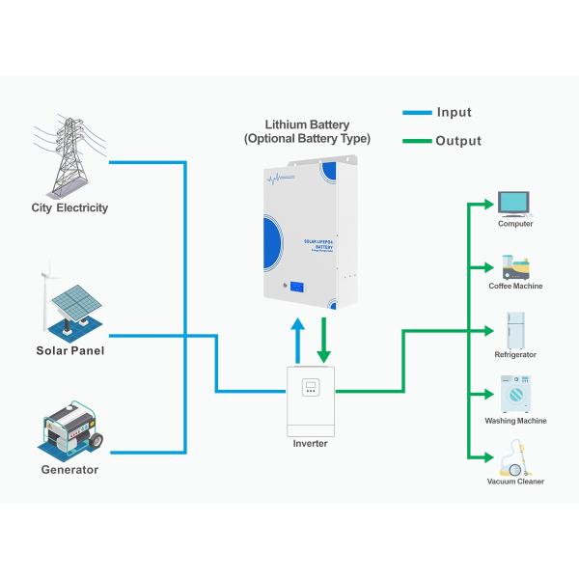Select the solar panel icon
[x=69, y=301]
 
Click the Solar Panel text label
[x=69, y=350]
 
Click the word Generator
[x=69, y=470]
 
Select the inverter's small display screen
[x=311, y=388]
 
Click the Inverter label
[x=310, y=444]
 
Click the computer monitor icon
[x=514, y=202]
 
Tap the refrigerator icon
[x=514, y=329]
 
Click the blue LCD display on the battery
[x=296, y=287]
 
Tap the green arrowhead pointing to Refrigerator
[x=487, y=330]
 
